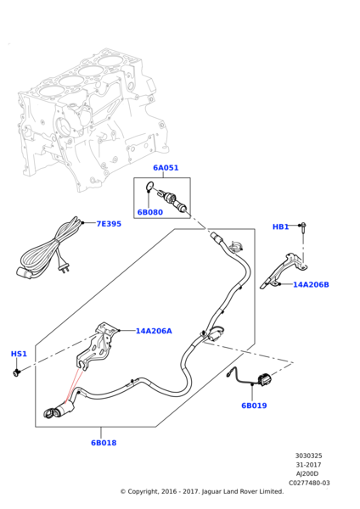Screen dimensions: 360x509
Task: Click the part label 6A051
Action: (166, 168)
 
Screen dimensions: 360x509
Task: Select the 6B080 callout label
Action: (149, 212)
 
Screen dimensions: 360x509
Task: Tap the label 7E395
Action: (109, 224)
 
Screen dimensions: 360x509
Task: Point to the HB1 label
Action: (280, 227)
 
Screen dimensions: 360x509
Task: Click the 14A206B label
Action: (311, 285)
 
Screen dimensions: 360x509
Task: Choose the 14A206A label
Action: (154, 331)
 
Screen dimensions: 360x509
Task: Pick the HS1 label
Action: (19, 354)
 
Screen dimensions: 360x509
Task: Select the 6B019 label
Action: (254, 406)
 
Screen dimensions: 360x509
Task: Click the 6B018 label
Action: (104, 443)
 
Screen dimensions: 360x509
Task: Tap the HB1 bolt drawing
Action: (303, 230)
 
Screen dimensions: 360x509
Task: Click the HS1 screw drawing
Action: (16, 372)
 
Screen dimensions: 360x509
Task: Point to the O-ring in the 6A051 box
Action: (149, 186)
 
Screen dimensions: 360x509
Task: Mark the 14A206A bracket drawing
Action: (97, 344)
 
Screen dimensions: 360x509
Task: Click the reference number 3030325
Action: (309, 456)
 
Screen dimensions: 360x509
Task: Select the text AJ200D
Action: (307, 474)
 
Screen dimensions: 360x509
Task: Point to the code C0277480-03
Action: (309, 483)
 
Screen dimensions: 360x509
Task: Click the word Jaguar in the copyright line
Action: (211, 492)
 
